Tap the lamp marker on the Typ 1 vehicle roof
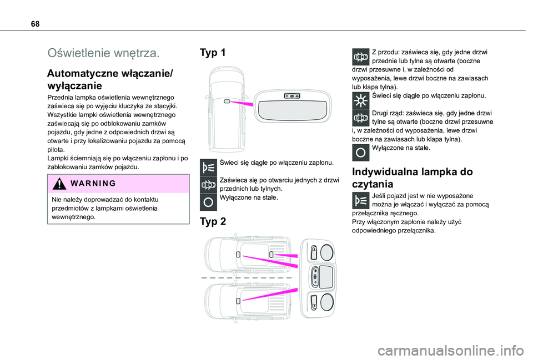tap(227, 102)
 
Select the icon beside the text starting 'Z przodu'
tap(361, 58)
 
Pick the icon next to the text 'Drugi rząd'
tap(361, 118)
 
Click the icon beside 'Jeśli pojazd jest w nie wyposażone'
tap(361, 201)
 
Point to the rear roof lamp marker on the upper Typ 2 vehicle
tap(271, 253)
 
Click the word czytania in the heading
tap(374, 184)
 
